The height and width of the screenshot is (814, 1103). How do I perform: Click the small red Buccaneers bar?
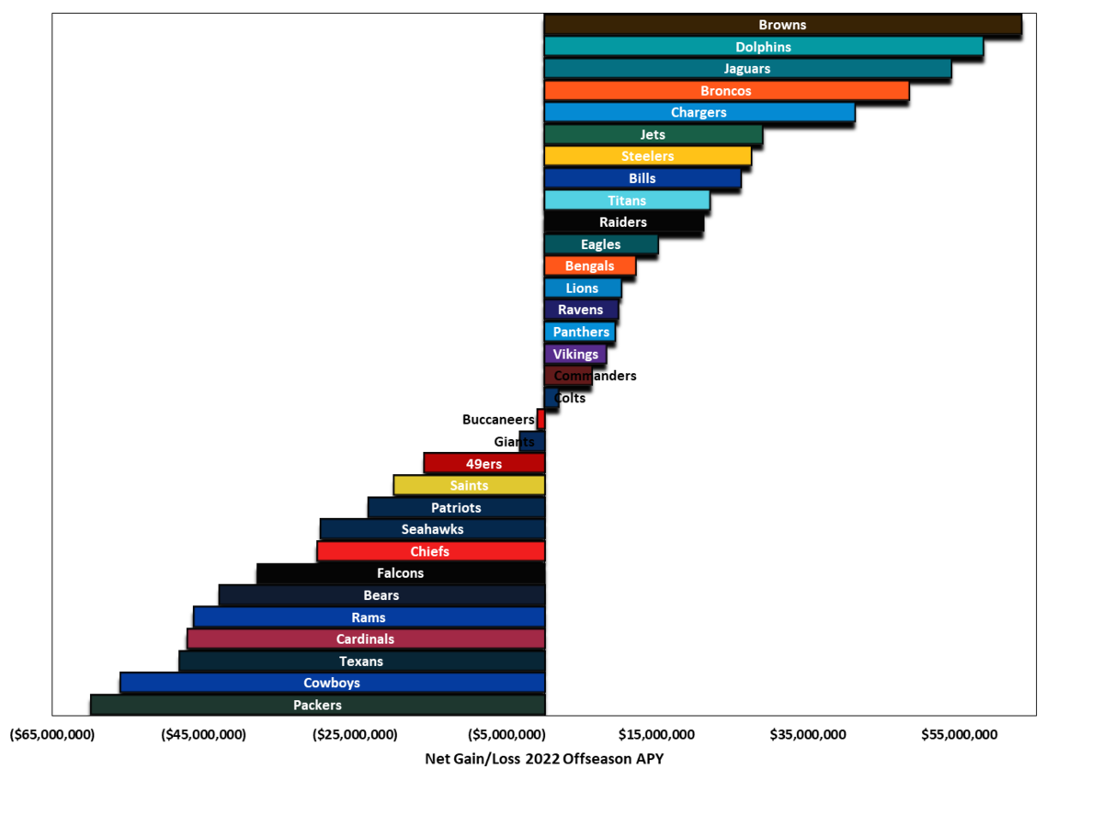[541, 419]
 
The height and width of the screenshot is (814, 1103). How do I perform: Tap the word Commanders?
[596, 376]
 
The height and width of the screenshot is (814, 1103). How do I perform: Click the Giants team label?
[514, 442]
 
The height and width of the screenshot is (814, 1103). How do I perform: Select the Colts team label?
[570, 398]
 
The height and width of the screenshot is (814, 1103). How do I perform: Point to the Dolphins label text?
[763, 47]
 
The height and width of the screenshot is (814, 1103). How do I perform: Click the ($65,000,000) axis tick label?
[52, 735]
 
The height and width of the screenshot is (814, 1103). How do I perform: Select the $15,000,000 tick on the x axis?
[656, 735]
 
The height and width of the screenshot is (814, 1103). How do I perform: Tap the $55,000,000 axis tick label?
[960, 735]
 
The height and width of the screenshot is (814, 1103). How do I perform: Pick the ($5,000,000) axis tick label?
[506, 735]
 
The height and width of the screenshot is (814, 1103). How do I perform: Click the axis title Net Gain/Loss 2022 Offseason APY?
[544, 759]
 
